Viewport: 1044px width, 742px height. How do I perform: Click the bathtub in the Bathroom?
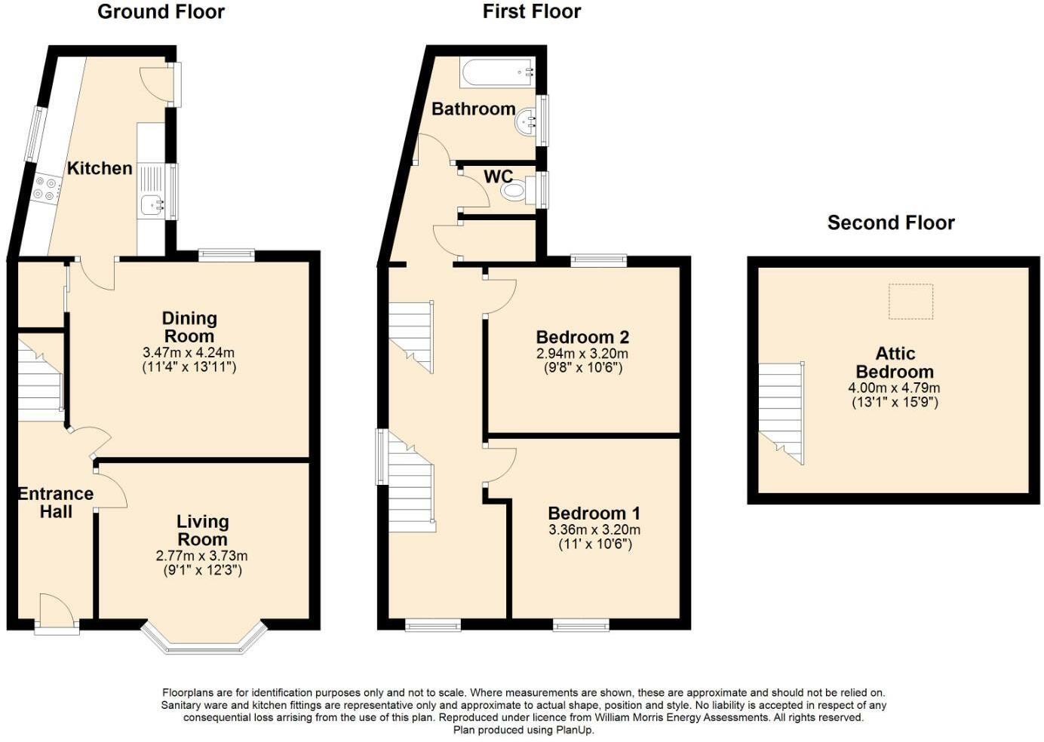click(x=497, y=72)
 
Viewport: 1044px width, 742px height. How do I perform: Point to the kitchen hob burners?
click(x=46, y=189)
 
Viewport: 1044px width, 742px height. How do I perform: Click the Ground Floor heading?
click(x=161, y=11)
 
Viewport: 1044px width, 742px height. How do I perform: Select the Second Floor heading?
click(x=890, y=222)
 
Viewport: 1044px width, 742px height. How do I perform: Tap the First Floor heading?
click(x=531, y=11)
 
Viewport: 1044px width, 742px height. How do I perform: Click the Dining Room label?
click(x=189, y=327)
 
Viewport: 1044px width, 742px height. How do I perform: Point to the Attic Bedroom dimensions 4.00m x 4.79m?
click(x=894, y=388)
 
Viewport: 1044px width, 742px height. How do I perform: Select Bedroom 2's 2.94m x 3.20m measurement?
click(x=582, y=354)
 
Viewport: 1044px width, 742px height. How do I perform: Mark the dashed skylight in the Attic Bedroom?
click(x=910, y=302)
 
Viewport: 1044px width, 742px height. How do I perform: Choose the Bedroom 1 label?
click(x=594, y=514)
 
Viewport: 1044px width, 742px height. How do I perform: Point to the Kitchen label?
click(x=100, y=168)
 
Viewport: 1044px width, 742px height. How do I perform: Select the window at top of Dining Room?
click(x=226, y=256)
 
